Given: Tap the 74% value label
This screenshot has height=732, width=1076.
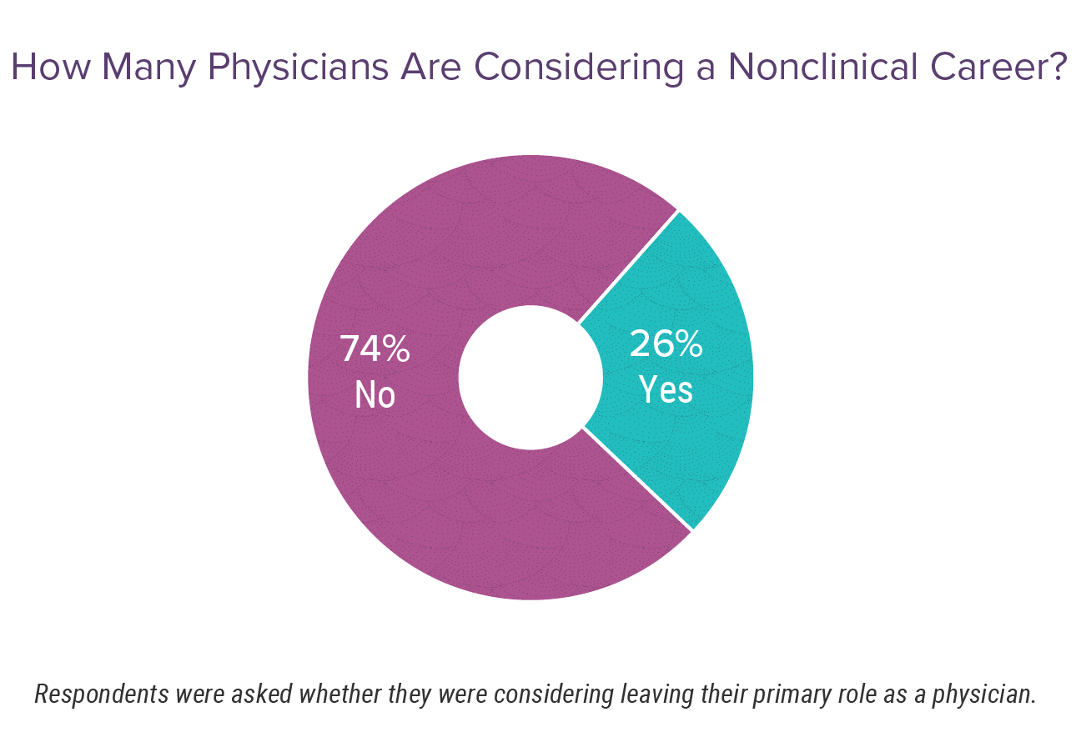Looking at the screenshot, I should click(375, 349).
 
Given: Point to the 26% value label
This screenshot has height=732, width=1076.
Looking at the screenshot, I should click(666, 344).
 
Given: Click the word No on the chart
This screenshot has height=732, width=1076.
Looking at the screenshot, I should click(375, 394).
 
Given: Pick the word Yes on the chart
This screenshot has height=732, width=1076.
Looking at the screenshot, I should click(666, 389).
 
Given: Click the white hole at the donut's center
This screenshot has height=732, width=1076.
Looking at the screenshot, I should click(530, 378).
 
